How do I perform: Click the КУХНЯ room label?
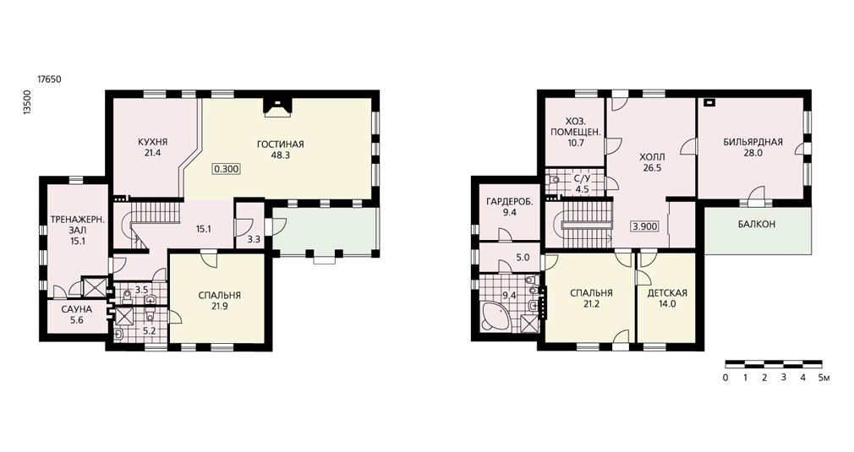152,143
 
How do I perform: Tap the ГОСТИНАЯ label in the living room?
280,144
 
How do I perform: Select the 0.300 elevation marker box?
226,169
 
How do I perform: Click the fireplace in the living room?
278,107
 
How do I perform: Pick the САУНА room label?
76,309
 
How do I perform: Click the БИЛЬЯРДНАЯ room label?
753,143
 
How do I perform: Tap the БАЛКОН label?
757,224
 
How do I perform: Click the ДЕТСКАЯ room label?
667,293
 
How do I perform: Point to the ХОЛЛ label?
652,157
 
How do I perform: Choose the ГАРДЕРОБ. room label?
510,202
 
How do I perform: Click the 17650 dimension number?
49,79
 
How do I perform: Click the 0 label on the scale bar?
725,378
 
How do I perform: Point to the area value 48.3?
280,155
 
